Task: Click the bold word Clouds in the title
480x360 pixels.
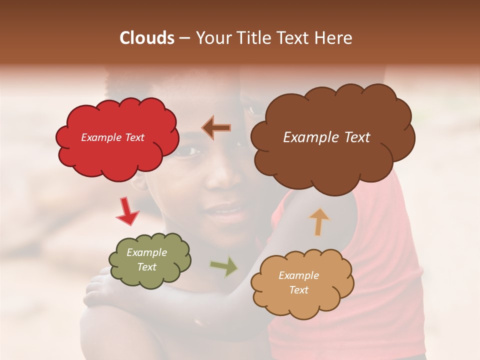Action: [147, 38]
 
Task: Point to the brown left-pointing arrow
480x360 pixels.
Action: [216, 127]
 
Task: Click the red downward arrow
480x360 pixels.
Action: [127, 211]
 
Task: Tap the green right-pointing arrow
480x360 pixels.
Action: [224, 266]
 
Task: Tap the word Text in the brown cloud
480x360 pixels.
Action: [354, 137]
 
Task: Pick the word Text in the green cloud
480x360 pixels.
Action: [146, 267]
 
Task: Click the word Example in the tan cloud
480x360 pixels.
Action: [298, 275]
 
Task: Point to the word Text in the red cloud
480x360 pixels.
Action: [135, 137]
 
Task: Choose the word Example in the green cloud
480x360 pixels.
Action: [146, 252]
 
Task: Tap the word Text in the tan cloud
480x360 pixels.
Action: [298, 290]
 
